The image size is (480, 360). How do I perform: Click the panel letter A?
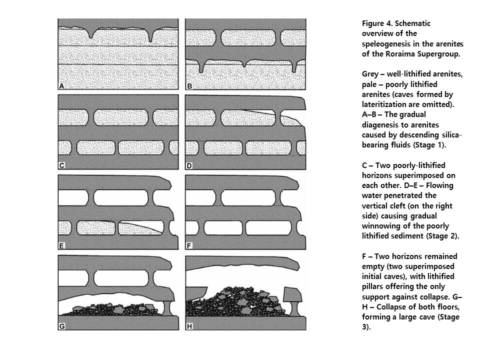coord(62,86)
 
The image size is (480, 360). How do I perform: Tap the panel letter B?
coord(189,86)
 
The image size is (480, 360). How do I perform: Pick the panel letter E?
coord(62,245)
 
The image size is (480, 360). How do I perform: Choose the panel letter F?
coord(189,245)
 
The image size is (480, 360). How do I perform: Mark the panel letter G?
coord(62,326)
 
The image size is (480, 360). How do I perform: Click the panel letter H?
coord(189,326)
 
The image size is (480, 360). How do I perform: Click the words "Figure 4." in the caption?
coord(377,23)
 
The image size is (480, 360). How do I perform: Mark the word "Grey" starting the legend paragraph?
coord(371,74)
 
